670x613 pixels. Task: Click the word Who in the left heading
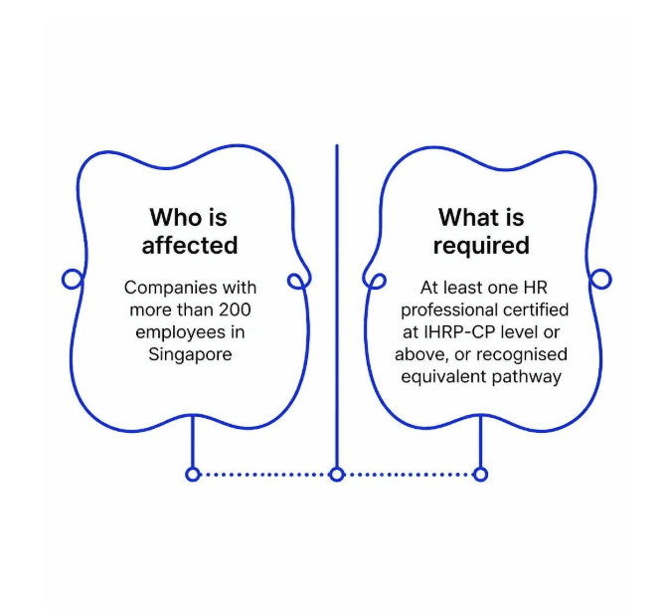click(173, 217)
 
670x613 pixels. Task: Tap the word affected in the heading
click(190, 245)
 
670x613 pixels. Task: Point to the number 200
click(235, 309)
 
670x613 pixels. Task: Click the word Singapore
click(190, 354)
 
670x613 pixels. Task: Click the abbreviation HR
click(536, 288)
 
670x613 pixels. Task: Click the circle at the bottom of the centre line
click(337, 475)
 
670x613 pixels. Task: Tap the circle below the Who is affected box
click(192, 475)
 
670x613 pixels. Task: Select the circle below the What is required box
click(481, 475)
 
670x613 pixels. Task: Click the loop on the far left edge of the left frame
click(63, 279)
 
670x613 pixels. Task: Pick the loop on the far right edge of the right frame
click(610, 279)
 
